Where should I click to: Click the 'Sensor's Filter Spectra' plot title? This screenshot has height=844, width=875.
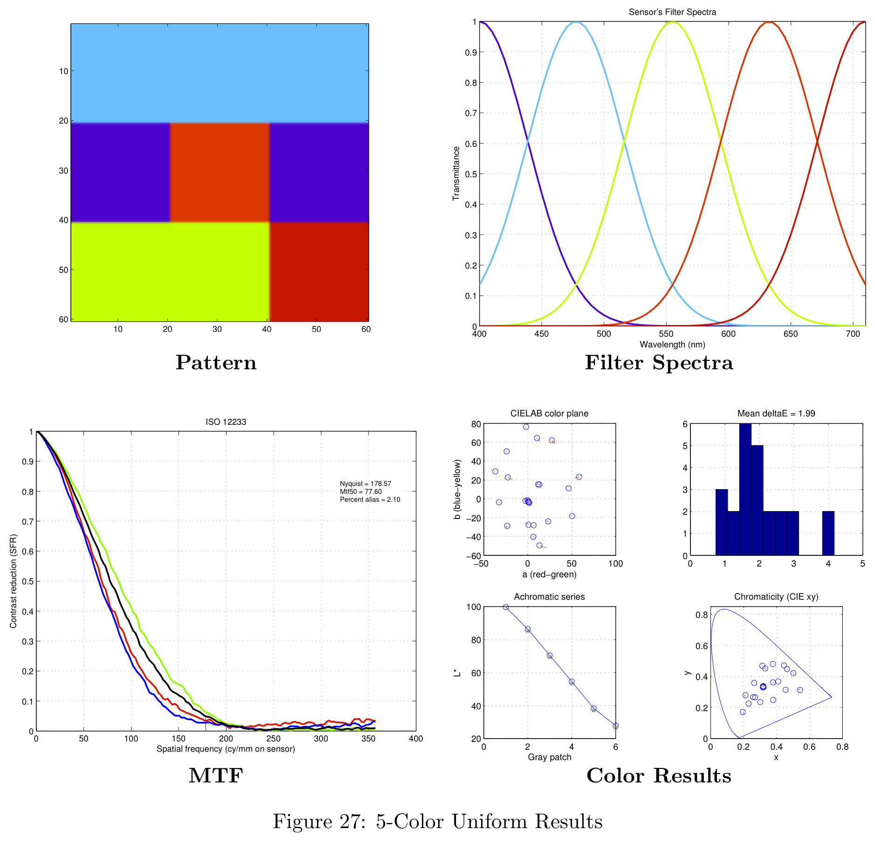point(672,12)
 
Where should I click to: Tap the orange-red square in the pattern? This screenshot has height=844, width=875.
point(219,172)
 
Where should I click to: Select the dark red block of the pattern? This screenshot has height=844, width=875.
point(319,271)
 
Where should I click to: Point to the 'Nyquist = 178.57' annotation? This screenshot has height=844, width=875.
point(365,484)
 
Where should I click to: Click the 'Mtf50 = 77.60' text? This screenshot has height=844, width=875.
point(360,491)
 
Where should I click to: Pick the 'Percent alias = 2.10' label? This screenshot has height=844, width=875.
point(370,499)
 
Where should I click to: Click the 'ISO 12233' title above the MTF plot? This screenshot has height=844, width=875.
point(226,422)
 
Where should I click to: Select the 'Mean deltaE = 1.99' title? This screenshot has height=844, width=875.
point(776,414)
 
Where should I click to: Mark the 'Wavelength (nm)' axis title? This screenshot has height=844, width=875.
point(672,345)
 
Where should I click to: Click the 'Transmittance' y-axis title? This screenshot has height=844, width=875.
point(456,173)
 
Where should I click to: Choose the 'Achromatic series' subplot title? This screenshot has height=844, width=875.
point(549,597)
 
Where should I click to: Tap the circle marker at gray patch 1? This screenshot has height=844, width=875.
point(506,607)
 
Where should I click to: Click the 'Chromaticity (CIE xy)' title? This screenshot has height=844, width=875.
point(776,597)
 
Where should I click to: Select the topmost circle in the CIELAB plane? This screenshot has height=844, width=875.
point(526,427)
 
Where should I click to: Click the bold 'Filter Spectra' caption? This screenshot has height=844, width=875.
point(659,363)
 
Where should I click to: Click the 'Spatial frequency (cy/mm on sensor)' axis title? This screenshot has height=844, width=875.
point(226,749)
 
